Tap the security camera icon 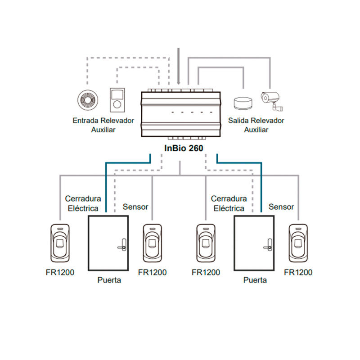273,100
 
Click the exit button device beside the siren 117,100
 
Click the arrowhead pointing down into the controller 180,82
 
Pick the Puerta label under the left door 109,280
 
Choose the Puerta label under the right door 255,280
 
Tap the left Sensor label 135,207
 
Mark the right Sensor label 281,207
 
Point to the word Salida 239,121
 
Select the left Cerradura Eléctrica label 83,203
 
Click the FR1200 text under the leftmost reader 60,272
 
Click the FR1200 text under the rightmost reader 298,272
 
